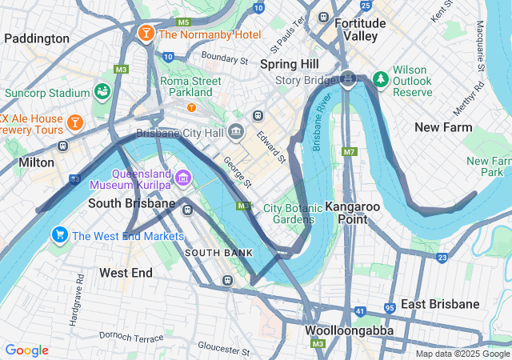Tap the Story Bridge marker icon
348,78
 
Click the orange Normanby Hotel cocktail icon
146,34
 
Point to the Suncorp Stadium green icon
102,91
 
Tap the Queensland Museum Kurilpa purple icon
183,177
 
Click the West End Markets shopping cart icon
59,235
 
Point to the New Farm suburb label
443,127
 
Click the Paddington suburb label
36,38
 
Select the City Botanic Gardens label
289,214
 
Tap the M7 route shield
348,151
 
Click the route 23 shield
442,258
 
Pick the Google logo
26,350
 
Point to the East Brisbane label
440,304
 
